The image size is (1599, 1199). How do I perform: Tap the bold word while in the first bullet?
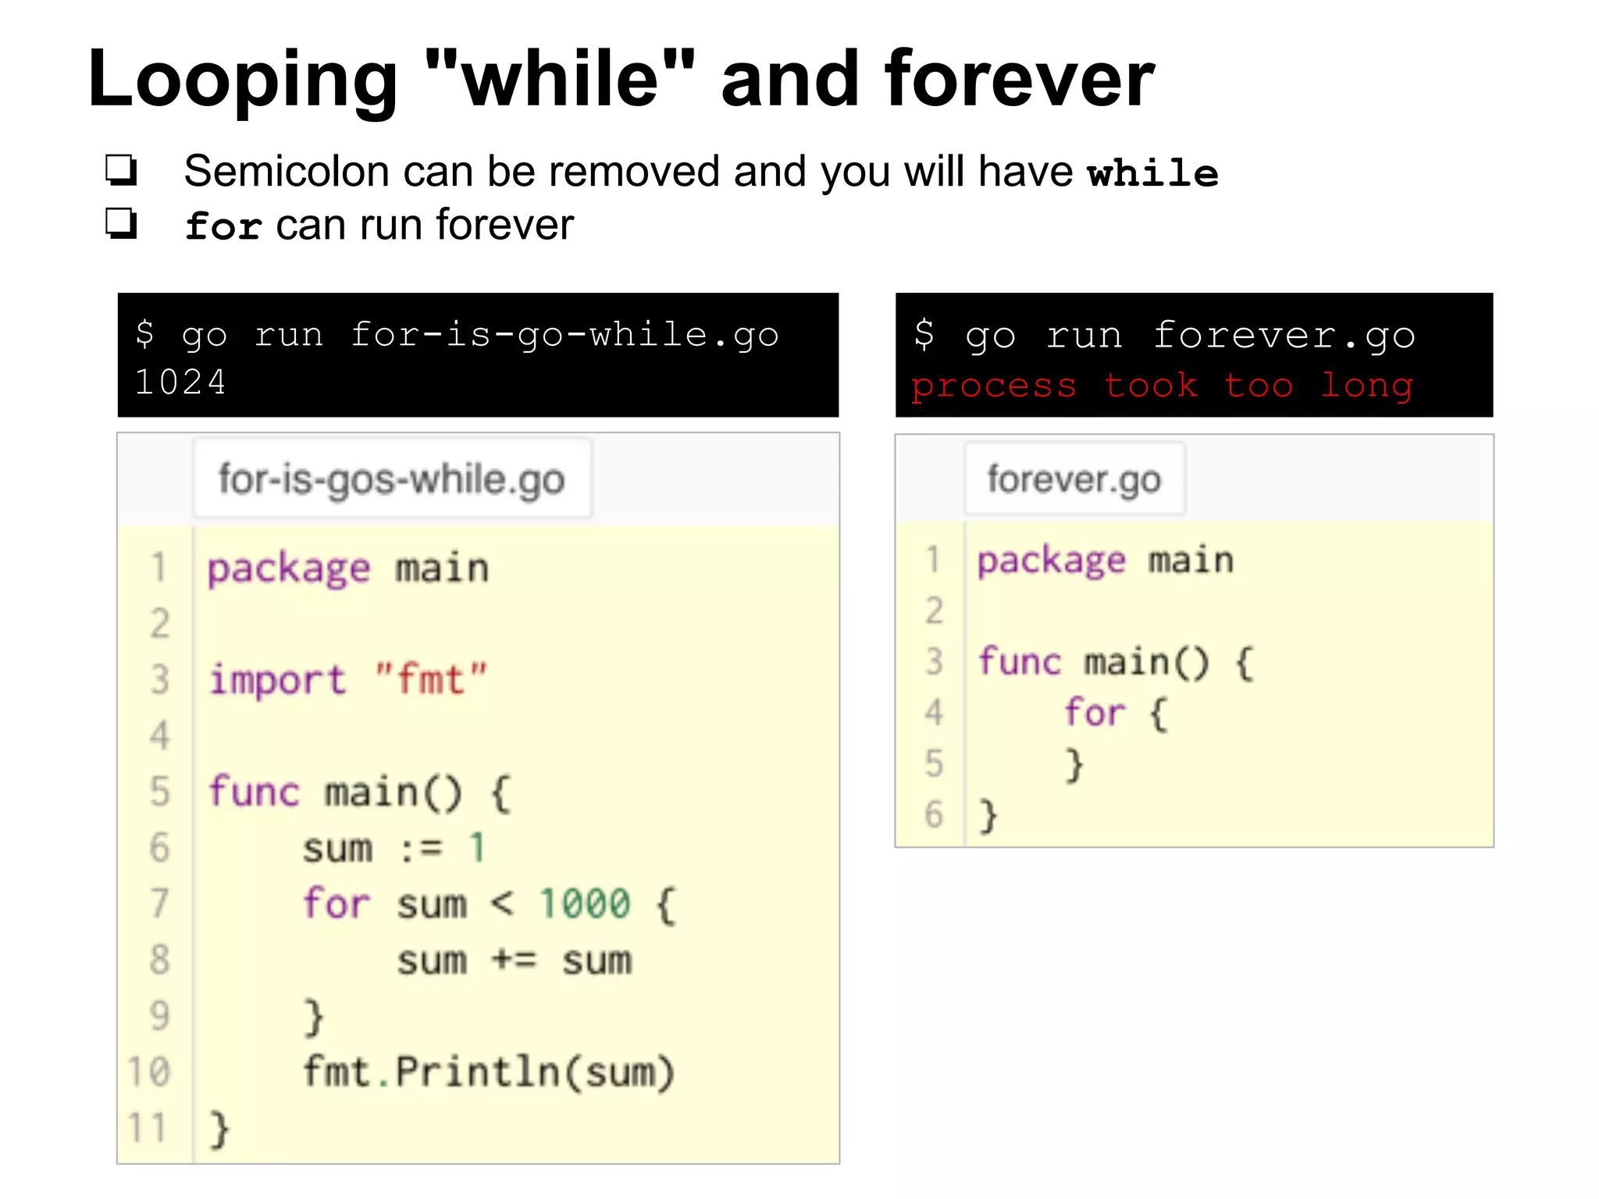click(x=1152, y=173)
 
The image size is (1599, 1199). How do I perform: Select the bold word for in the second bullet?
click(x=223, y=226)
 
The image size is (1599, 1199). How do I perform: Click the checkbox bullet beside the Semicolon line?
click(x=122, y=169)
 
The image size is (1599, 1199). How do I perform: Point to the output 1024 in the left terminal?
click(x=180, y=382)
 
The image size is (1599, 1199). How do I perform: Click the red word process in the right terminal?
click(x=993, y=386)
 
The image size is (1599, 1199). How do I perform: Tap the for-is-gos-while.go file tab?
click(x=392, y=479)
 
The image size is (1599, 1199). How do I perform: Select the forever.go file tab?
click(x=1074, y=479)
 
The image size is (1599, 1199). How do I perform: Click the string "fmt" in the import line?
click(x=430, y=679)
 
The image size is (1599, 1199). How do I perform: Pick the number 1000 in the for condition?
click(x=585, y=904)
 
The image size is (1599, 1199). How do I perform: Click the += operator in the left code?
click(x=514, y=960)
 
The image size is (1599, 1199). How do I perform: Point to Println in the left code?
click(x=476, y=1072)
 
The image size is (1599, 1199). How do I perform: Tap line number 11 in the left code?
click(x=148, y=1128)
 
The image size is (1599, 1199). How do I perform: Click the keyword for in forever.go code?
click(x=1094, y=713)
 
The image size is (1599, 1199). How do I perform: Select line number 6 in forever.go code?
click(x=934, y=814)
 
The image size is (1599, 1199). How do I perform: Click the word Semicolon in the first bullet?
click(x=287, y=171)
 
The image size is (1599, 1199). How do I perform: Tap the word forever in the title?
click(x=1019, y=79)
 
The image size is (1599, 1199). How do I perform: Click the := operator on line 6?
click(x=421, y=849)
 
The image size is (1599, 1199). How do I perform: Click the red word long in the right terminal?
click(x=1367, y=386)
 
